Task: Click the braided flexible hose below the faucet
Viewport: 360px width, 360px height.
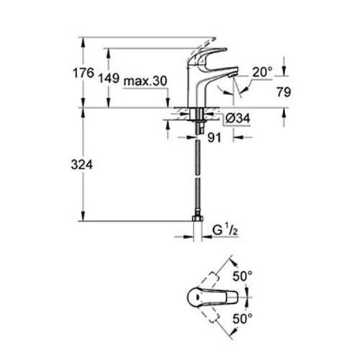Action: click(x=197, y=173)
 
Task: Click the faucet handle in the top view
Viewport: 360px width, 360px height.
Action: click(x=216, y=295)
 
